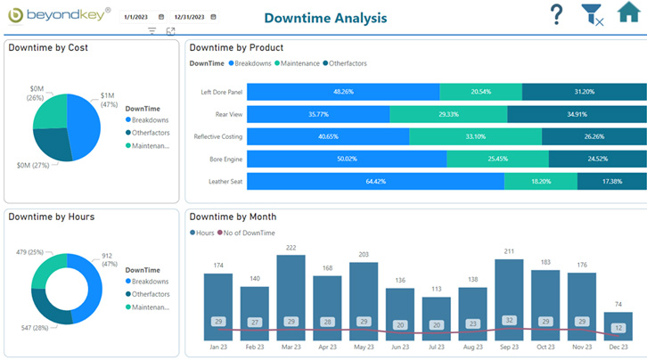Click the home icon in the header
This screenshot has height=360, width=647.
coord(628,15)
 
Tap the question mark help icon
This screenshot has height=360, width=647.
coord(556,15)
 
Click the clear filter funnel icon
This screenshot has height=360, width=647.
coord(591,15)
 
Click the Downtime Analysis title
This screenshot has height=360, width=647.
coord(325,18)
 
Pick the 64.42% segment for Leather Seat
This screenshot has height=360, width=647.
coord(374,181)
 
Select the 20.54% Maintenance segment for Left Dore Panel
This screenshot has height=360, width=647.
coord(480,92)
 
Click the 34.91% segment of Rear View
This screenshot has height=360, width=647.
coord(577,114)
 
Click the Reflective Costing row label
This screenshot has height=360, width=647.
coord(217,136)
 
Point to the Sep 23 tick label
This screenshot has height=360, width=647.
coord(509,347)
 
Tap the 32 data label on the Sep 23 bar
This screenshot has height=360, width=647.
coord(509,321)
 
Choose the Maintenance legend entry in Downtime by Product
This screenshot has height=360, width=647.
coord(301,63)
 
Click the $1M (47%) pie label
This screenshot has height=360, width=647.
coord(107,100)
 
